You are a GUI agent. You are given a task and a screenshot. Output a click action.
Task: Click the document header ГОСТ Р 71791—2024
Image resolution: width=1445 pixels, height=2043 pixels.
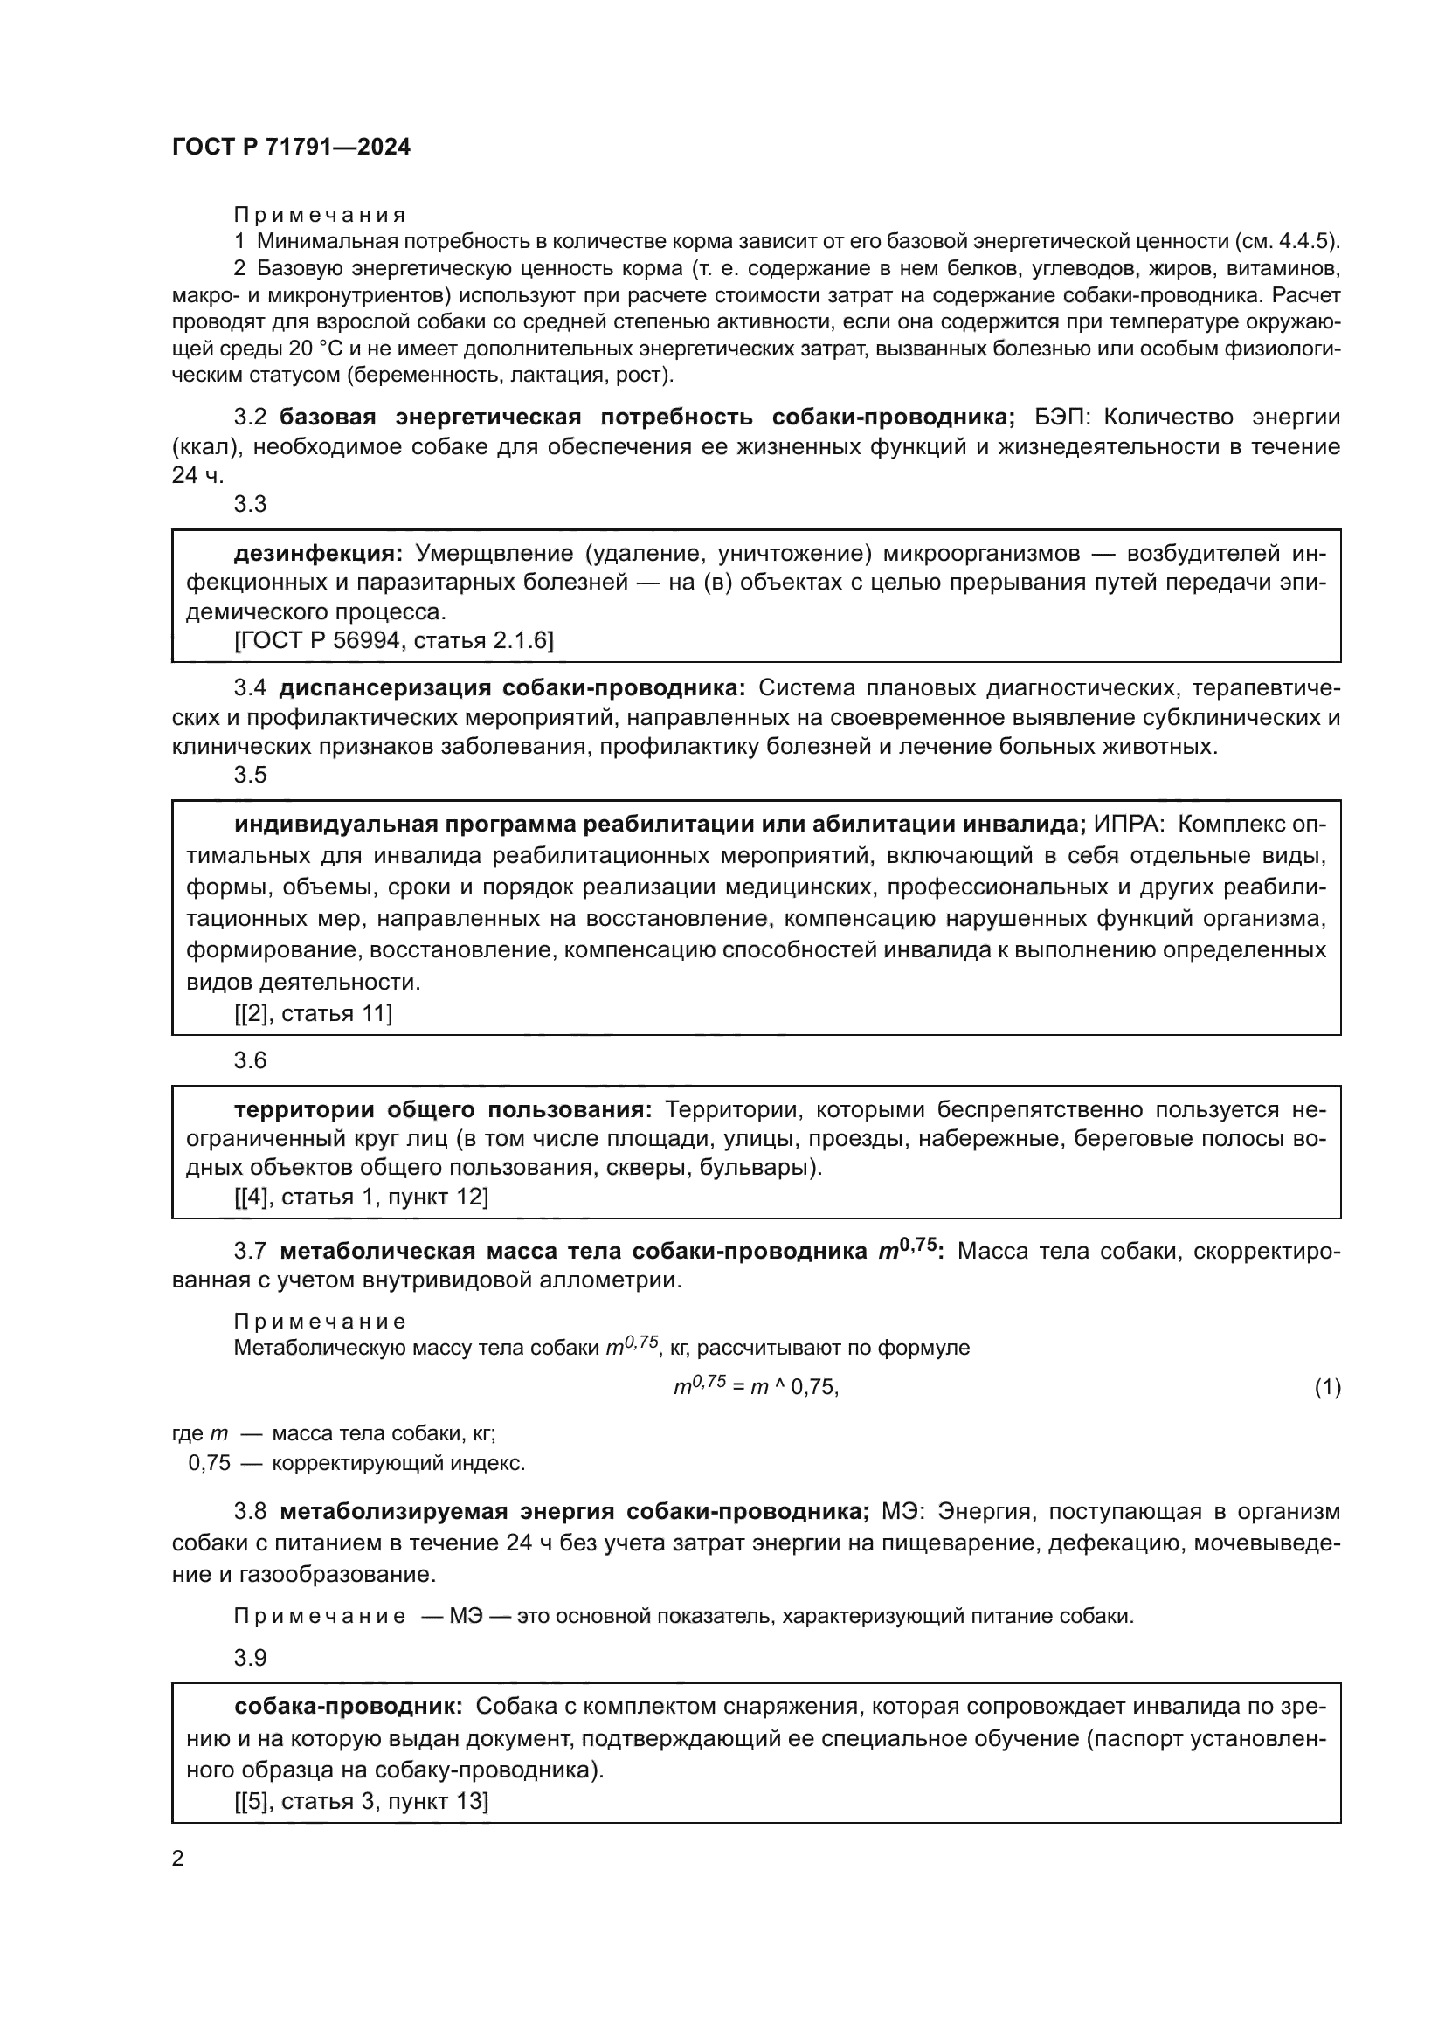pyautogui.click(x=291, y=148)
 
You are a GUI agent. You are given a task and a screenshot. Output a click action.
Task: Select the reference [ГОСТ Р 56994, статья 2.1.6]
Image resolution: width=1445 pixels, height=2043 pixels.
pyautogui.click(x=393, y=639)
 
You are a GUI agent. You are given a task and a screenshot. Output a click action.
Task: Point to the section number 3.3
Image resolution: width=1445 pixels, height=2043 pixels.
pyautogui.click(x=250, y=505)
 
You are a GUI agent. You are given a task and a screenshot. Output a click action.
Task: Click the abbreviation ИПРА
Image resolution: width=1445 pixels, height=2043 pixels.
pyautogui.click(x=1127, y=824)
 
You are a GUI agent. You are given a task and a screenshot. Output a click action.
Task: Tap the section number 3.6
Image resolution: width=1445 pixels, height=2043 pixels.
pyautogui.click(x=250, y=1059)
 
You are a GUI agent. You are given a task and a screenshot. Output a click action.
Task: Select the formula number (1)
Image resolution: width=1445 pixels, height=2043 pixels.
pyautogui.click(x=1327, y=1387)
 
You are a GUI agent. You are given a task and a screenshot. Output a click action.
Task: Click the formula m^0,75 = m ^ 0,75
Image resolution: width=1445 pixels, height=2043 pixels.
pyautogui.click(x=756, y=1386)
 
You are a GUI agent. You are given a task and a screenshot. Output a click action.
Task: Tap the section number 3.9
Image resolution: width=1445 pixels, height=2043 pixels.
pyautogui.click(x=250, y=1657)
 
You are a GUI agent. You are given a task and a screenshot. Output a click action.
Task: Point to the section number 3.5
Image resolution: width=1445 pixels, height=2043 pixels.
pyautogui.click(x=250, y=774)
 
